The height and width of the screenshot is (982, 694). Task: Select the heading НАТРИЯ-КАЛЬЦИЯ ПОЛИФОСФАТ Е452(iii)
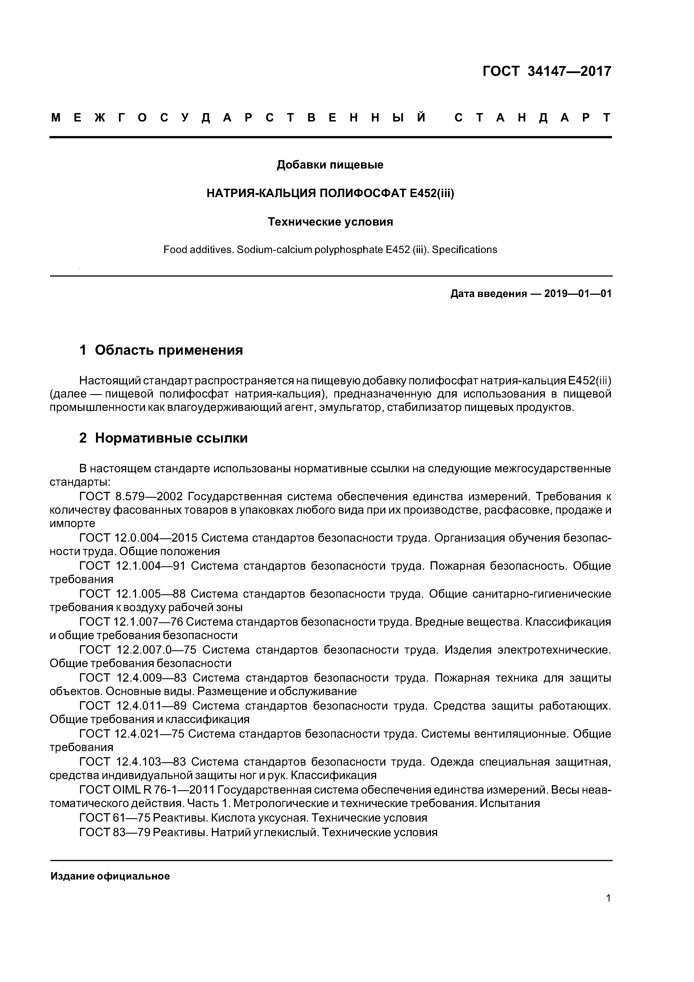pos(330,193)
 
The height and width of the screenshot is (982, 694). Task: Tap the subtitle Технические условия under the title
pos(330,222)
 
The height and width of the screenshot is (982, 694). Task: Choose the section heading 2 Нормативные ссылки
pos(163,438)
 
